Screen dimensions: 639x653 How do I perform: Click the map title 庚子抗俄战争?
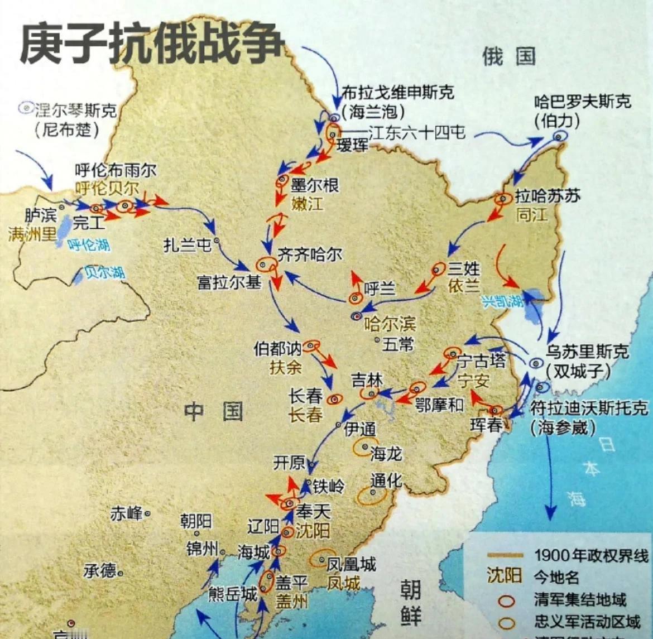point(152,43)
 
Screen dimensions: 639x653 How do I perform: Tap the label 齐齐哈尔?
point(310,254)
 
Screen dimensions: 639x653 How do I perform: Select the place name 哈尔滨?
point(390,323)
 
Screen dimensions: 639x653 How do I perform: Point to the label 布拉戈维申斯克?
point(397,92)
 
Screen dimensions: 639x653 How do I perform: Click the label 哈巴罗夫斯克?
point(583,102)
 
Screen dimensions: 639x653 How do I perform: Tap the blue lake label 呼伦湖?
point(89,244)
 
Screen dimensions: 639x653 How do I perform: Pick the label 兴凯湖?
point(502,301)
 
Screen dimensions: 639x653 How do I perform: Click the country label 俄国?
point(508,56)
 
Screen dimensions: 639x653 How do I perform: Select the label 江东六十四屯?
point(417,133)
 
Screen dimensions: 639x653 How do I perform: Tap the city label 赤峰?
point(127,513)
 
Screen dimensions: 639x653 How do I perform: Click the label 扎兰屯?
point(187,244)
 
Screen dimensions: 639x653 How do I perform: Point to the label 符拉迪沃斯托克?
point(589,408)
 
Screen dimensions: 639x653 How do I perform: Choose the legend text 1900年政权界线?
point(591,555)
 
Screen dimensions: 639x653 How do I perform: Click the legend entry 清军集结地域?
point(580,600)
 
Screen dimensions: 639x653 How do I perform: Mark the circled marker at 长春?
point(335,398)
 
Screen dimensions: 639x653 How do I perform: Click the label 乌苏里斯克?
point(587,352)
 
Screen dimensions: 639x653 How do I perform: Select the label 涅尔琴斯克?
point(75,110)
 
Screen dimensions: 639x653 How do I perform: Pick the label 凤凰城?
point(351,564)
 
